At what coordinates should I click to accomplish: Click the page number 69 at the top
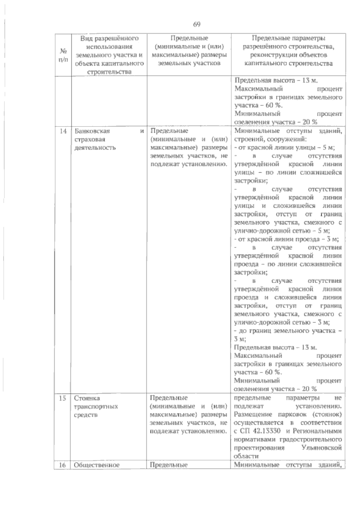click(x=197, y=25)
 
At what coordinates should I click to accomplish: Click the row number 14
click(x=63, y=131)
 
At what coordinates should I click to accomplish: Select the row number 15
click(x=63, y=398)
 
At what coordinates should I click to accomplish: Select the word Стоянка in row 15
click(x=87, y=398)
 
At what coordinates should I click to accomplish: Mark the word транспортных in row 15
click(x=96, y=406)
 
